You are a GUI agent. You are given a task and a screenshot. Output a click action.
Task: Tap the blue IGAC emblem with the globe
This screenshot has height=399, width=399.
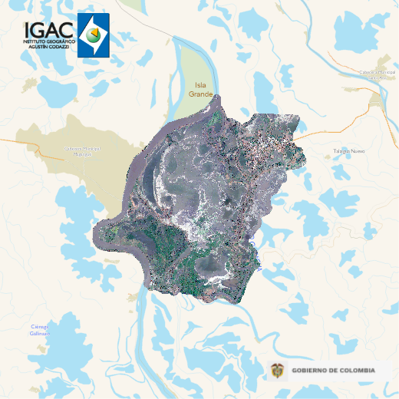coord(94,35)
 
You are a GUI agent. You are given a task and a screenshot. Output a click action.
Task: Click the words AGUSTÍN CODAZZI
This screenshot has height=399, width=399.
coord(48,45)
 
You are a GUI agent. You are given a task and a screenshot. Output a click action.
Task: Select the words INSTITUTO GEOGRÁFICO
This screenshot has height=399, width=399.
coord(48,39)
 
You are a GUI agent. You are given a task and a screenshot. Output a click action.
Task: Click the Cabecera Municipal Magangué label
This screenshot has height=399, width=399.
coord(82,151)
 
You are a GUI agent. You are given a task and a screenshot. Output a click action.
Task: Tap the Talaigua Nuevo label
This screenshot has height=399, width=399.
coord(349,151)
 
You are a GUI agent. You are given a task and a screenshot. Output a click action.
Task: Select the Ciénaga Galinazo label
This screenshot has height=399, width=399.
coord(40,331)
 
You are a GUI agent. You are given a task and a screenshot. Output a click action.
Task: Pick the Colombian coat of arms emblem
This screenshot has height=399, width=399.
coord(277,371)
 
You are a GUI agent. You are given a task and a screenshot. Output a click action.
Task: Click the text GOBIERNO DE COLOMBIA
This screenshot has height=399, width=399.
coord(334,371)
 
